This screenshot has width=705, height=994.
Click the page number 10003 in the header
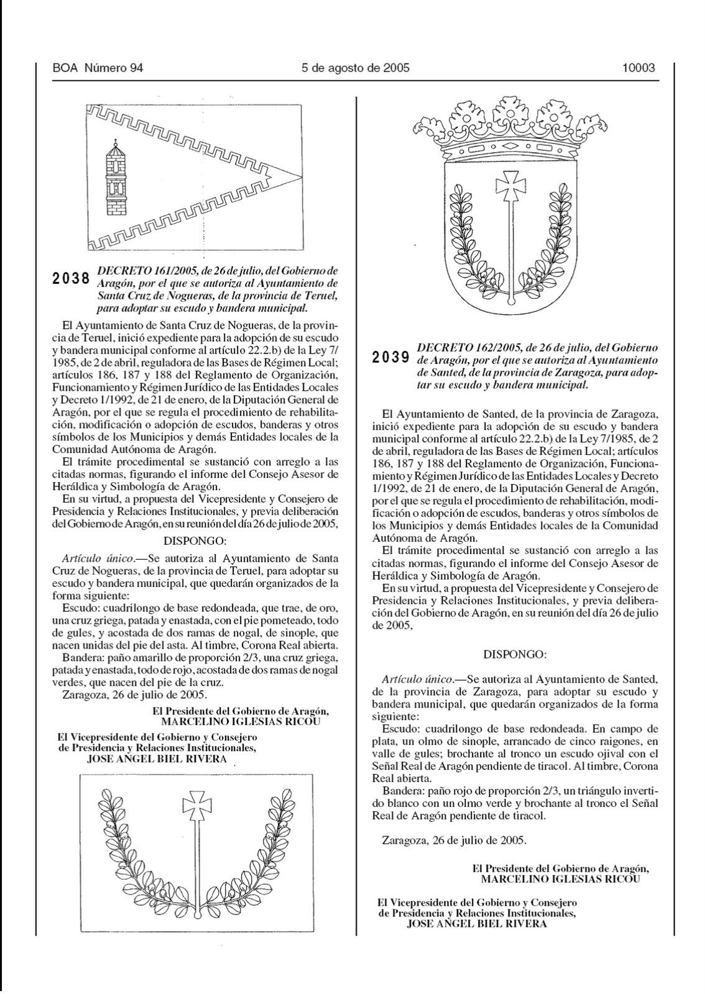pos(638,68)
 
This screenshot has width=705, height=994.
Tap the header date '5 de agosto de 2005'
pos(355,68)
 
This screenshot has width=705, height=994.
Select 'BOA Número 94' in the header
pos(98,68)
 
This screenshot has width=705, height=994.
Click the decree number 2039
pos(391,357)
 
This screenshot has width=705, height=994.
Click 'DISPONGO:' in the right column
pos(514,654)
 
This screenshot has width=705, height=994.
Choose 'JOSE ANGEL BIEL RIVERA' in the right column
pos(476,923)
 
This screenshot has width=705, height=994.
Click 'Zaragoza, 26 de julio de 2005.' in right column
pos(454,841)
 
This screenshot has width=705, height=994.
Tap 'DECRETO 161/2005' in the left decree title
pos(139,271)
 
